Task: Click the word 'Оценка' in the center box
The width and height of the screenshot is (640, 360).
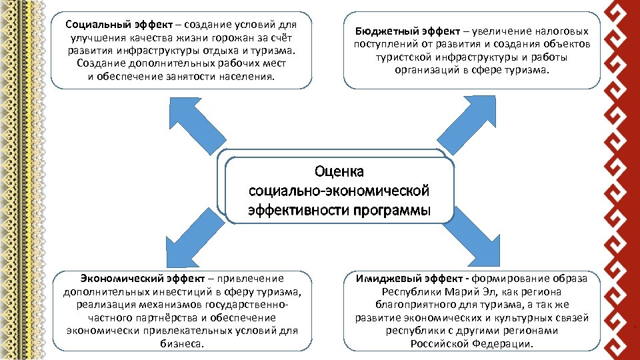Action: click(339, 172)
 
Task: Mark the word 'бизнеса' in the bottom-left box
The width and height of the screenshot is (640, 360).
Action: click(181, 343)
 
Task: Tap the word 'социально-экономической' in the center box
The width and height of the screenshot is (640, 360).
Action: click(339, 191)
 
